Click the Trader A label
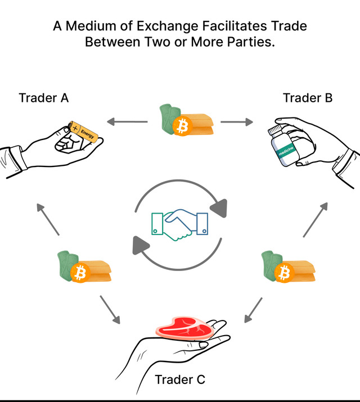tap(44, 98)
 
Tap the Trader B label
tap(308, 98)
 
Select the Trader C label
tap(180, 380)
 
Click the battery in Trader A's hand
tap(81, 133)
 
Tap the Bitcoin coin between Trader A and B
tap(182, 127)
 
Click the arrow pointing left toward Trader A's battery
tap(127, 121)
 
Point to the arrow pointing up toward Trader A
tap(48, 219)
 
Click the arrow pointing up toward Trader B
tap(315, 219)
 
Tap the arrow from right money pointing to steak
tap(253, 310)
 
